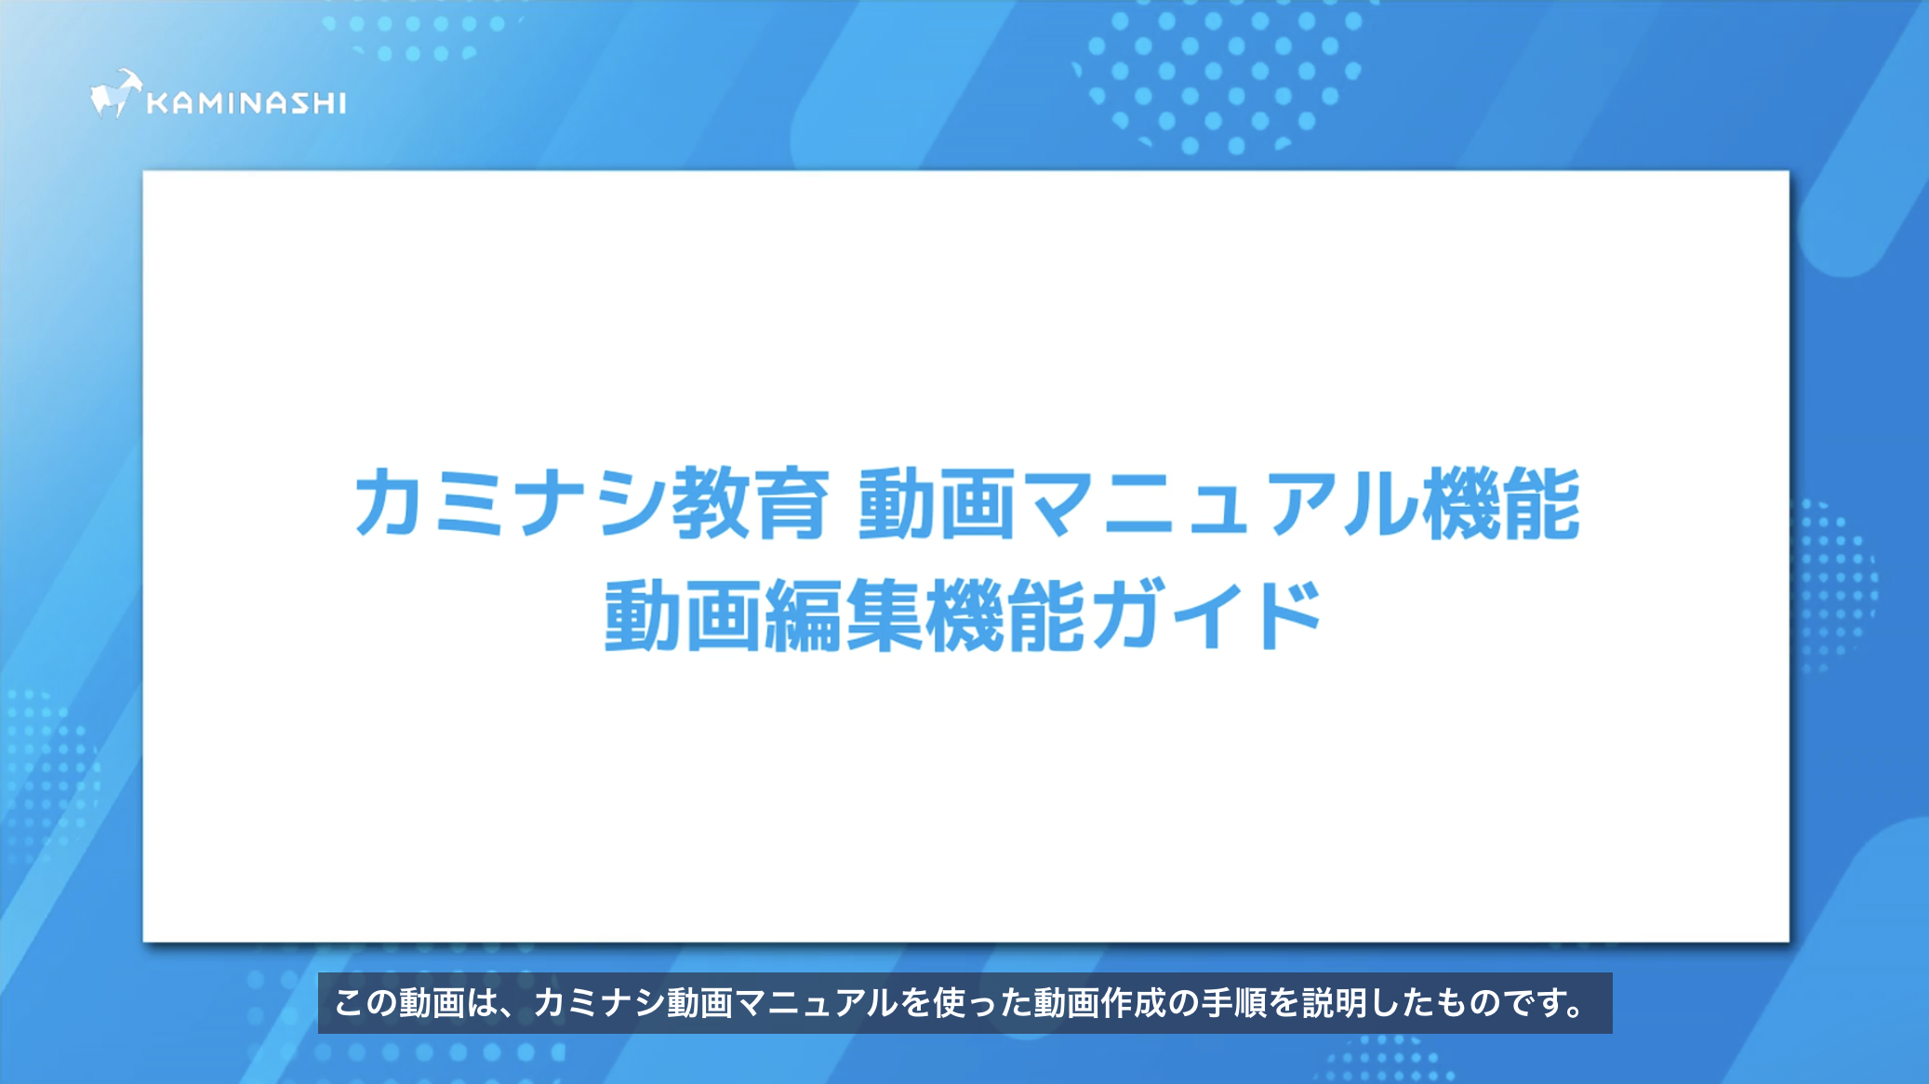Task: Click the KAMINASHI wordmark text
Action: (x=246, y=102)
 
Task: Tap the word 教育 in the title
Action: (x=750, y=504)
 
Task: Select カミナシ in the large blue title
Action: (x=512, y=504)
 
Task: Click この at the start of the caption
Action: (x=366, y=1003)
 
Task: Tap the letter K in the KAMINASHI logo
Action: (x=158, y=102)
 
